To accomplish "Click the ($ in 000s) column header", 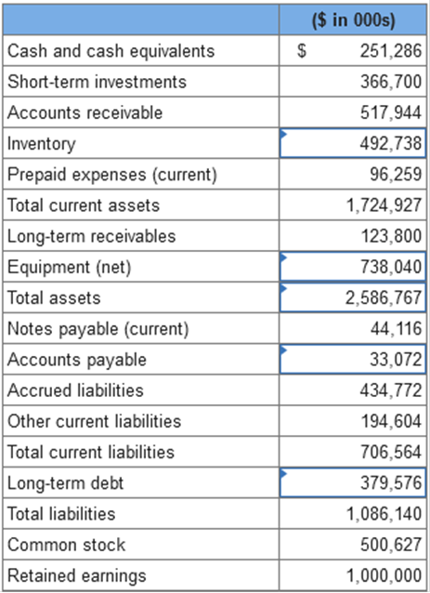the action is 354,20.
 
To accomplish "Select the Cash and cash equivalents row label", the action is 111,51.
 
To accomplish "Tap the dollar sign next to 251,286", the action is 301,51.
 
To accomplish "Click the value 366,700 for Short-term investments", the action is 391,82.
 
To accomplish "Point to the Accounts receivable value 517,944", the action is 391,112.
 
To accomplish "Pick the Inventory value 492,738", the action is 391,143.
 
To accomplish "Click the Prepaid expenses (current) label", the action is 112,175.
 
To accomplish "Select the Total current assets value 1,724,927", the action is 384,205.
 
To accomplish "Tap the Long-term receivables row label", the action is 92,236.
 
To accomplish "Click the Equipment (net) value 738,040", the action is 391,267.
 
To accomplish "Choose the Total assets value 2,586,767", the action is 384,297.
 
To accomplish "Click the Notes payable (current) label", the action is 98,329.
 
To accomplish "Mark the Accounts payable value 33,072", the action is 396,360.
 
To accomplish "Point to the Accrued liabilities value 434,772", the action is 391,390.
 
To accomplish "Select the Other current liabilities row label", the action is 95,421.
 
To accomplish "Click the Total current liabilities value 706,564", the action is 391,452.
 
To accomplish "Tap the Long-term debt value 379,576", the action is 391,483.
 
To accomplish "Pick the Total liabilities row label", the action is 61,514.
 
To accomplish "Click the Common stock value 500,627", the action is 391,545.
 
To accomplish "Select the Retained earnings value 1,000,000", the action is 384,575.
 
